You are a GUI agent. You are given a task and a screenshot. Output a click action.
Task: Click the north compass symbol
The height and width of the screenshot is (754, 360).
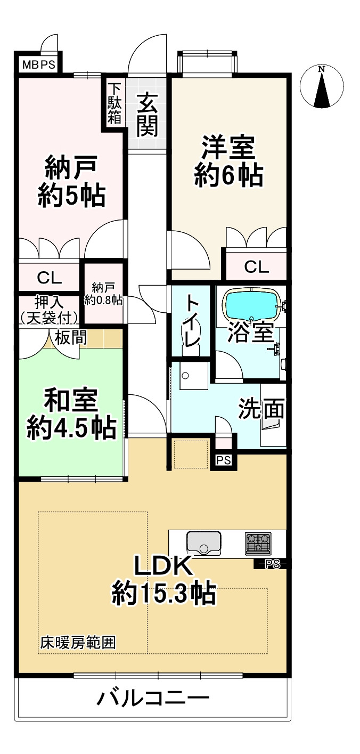(x=321, y=87)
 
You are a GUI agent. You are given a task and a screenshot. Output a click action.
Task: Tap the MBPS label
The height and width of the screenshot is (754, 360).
(x=38, y=66)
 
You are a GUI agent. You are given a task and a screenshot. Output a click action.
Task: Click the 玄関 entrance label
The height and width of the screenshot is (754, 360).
(x=146, y=113)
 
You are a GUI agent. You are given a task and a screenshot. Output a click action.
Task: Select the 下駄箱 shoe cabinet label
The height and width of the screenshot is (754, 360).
(x=114, y=103)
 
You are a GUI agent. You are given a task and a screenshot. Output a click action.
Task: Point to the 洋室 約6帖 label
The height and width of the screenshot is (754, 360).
(x=228, y=160)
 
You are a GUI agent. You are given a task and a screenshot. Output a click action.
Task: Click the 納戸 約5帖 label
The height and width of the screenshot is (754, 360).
(x=70, y=181)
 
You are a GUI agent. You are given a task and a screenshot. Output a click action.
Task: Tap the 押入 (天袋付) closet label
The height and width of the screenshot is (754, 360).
(x=50, y=310)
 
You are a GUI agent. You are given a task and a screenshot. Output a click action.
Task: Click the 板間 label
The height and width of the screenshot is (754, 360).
(x=67, y=337)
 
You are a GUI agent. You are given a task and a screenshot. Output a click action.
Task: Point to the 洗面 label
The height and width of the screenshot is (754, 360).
(x=261, y=409)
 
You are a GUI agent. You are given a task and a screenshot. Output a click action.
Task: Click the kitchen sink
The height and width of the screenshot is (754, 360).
(x=203, y=542)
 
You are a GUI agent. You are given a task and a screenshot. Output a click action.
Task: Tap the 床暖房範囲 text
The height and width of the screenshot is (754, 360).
(x=78, y=643)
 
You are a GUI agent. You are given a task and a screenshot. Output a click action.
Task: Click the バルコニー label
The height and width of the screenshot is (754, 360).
(x=153, y=698)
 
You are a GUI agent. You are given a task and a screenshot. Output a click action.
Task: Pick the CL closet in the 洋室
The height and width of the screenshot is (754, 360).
(x=257, y=267)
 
